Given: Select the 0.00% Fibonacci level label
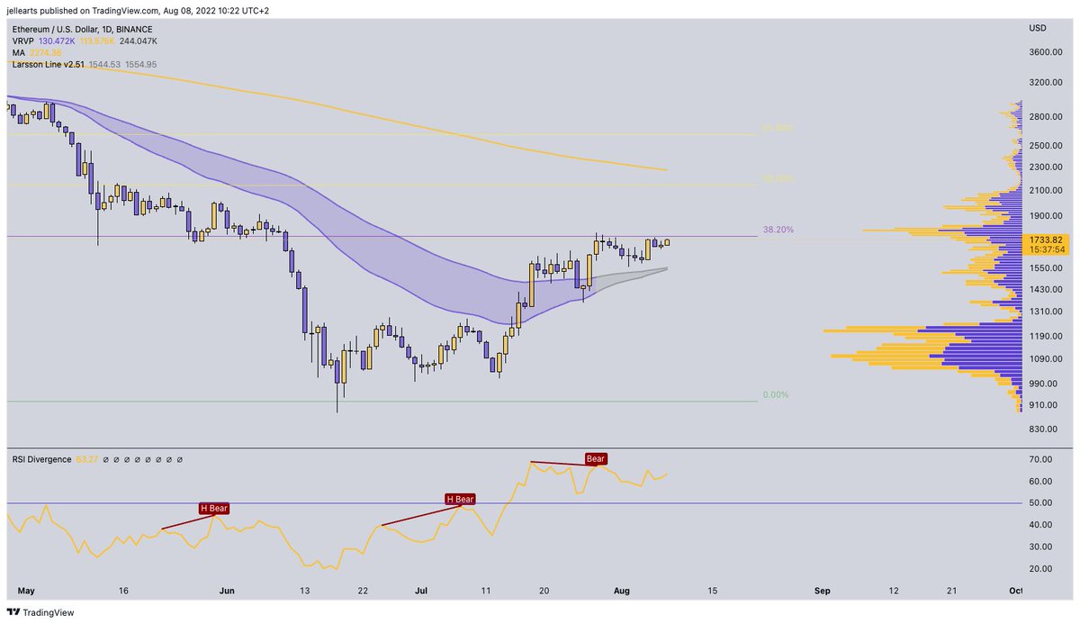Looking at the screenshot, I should (x=775, y=395).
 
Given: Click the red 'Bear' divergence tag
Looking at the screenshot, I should (x=596, y=458).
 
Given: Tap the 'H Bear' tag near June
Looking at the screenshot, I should (x=214, y=508).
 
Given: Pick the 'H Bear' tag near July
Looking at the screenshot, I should (x=459, y=498).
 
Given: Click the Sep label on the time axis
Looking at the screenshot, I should (x=822, y=591).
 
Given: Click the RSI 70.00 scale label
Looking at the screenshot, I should (x=1040, y=459).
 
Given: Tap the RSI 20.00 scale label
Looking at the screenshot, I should (x=1040, y=568).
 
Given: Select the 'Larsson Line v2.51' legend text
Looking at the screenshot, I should (x=48, y=65).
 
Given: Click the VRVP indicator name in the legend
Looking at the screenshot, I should (x=23, y=41).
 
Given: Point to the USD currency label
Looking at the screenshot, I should (x=1037, y=29).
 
